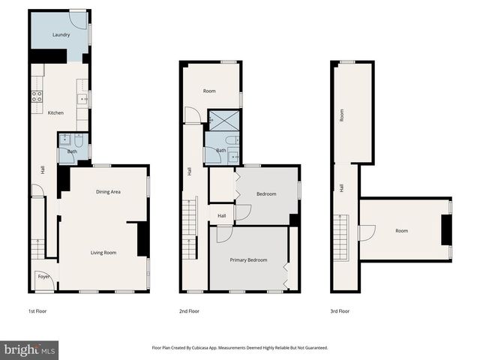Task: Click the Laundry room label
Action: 61,35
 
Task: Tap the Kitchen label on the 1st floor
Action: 55,113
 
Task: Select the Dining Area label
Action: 108,192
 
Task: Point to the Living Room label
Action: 103,253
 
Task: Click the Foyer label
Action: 43,277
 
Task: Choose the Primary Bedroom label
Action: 248,260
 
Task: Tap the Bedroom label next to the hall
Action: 266,194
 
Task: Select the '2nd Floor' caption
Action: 189,310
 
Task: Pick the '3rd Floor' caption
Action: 340,310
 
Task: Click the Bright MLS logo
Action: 29,350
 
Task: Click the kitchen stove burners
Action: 36,96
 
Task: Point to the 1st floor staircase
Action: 38,248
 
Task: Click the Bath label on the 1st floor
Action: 72,151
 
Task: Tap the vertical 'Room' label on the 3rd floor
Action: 342,115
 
